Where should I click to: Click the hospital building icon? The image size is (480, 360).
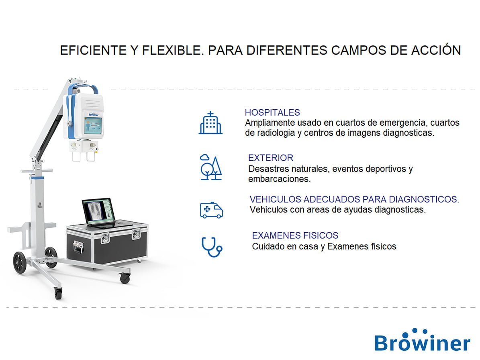coord(210,123)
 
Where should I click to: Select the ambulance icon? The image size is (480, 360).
coord(211,210)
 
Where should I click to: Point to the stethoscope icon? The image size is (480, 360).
coord(211,246)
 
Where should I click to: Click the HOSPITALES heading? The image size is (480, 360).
coord(272,112)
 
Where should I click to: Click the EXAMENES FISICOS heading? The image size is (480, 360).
coord(295,235)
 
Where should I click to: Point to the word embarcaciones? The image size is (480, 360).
coord(279,179)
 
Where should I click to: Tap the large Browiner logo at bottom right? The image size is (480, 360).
coord(422,342)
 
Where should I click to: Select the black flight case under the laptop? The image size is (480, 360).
coord(106,245)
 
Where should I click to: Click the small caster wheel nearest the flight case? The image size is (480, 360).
coord(125,278)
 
